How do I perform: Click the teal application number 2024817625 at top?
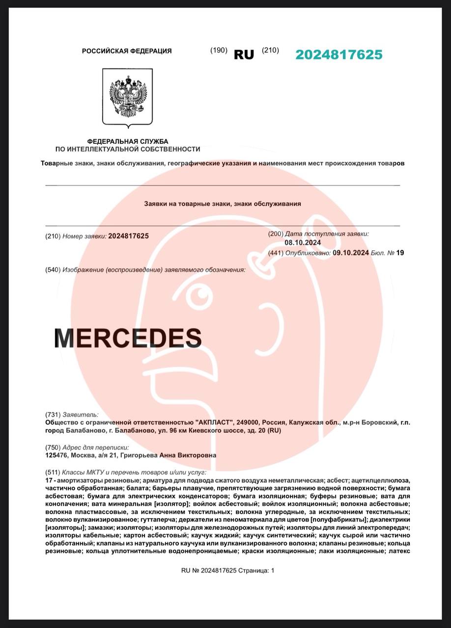(x=338, y=54)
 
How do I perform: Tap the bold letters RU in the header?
(x=244, y=54)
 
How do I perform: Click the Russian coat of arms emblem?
(x=128, y=96)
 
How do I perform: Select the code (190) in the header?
(x=219, y=50)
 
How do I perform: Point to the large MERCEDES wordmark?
(x=128, y=338)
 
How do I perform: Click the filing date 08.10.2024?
(x=303, y=242)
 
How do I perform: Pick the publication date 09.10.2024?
(x=350, y=253)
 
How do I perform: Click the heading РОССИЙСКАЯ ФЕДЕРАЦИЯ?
(x=127, y=51)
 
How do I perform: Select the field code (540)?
(x=53, y=270)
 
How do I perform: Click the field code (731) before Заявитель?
(x=53, y=415)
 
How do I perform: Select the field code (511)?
(x=53, y=472)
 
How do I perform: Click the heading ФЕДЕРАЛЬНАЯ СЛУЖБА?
(x=128, y=141)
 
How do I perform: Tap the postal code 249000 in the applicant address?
(x=247, y=422)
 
